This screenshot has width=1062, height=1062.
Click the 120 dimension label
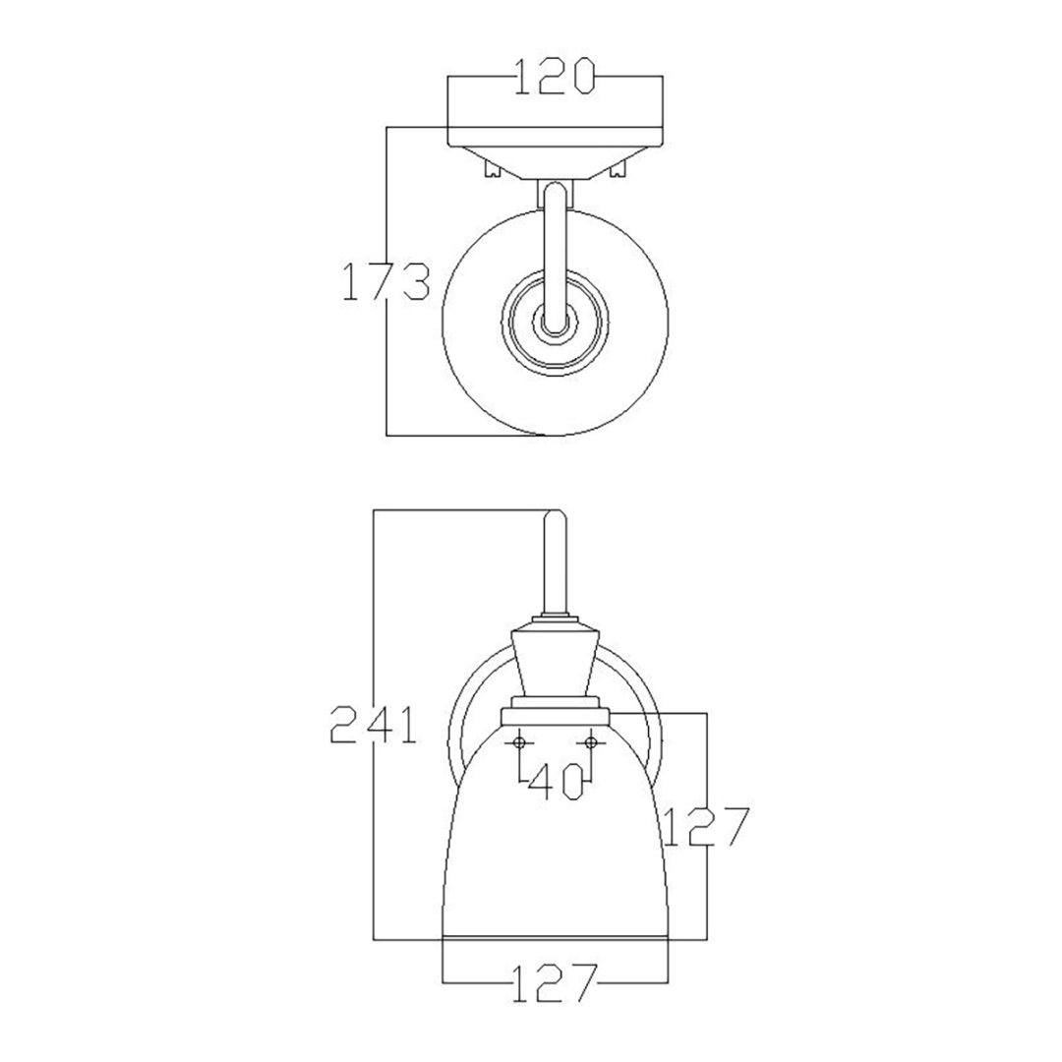coord(555,76)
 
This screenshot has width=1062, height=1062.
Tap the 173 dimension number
coord(385,281)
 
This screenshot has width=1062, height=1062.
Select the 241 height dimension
coord(374,724)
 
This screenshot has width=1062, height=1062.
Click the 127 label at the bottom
coord(555,982)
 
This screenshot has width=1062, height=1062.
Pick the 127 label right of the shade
coord(706,826)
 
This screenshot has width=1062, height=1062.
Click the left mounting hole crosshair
coord(519,743)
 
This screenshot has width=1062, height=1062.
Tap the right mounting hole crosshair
coord(591,743)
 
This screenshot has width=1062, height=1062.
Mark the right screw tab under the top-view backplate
coord(618,168)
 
